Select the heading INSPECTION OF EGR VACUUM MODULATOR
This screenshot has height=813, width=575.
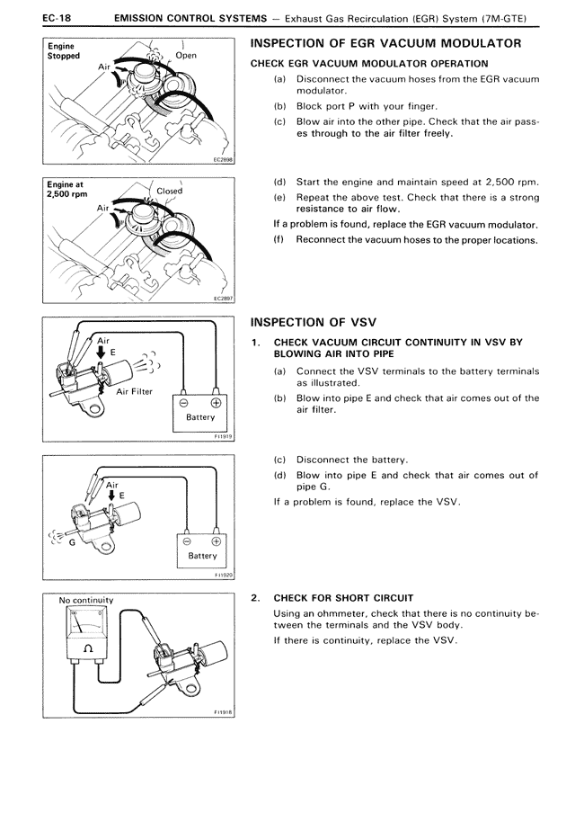coord(385,44)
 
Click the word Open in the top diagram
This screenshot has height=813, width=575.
coord(186,56)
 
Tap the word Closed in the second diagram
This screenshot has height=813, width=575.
coord(169,192)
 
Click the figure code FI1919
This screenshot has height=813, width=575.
coord(223,436)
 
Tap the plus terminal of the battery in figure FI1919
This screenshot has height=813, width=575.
coord(216,402)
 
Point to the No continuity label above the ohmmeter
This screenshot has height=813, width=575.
coord(86,600)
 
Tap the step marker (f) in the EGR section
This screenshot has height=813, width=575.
coord(279,239)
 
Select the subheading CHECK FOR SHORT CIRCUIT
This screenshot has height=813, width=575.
coord(343,597)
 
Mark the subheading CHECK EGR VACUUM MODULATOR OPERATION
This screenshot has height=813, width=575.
coord(369,64)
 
